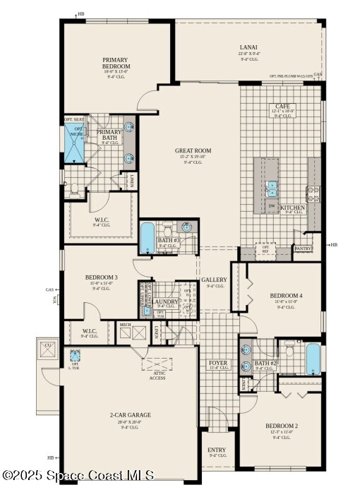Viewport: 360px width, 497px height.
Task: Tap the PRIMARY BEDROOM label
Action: click(116, 63)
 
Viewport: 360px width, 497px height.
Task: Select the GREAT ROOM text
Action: click(193, 150)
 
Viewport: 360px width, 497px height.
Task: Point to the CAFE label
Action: click(282, 107)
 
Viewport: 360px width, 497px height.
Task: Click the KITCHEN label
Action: click(292, 208)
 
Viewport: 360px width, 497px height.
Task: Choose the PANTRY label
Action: click(303, 248)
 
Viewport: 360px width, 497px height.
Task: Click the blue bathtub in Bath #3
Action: click(147, 238)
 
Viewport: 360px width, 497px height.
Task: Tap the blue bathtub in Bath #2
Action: click(313, 359)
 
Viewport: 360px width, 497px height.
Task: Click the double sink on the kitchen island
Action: click(272, 188)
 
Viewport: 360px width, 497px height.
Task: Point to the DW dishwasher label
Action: click(271, 207)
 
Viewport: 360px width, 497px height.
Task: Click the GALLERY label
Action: click(214, 280)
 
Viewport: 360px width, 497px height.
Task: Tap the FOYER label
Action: click(218, 364)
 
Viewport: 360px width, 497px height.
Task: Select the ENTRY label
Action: click(217, 450)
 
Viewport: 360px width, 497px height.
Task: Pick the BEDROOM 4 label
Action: click(286, 295)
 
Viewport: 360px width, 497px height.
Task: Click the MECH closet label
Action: click(125, 325)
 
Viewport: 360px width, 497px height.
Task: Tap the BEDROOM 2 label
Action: click(282, 426)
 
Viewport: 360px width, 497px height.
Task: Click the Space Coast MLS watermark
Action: click(78, 476)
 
